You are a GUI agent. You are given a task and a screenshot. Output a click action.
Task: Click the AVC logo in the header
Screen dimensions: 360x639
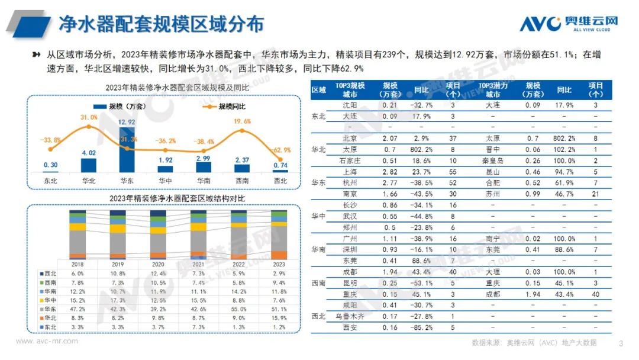click(569, 23)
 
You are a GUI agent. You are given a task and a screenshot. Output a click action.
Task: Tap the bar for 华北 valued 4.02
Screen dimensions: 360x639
click(88, 165)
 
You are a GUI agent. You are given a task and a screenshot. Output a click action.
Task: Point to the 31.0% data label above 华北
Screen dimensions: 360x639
click(89, 118)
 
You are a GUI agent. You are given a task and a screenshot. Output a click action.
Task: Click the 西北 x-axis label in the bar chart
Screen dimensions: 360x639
click(281, 180)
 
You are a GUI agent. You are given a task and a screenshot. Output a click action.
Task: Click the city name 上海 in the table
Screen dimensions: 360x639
click(350, 171)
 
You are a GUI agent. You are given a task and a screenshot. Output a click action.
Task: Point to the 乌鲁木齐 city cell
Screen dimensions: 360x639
click(350, 316)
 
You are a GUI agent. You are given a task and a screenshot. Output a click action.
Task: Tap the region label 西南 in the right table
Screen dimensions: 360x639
click(318, 284)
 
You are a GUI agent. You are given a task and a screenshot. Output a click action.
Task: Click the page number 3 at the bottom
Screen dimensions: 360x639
click(620, 343)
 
